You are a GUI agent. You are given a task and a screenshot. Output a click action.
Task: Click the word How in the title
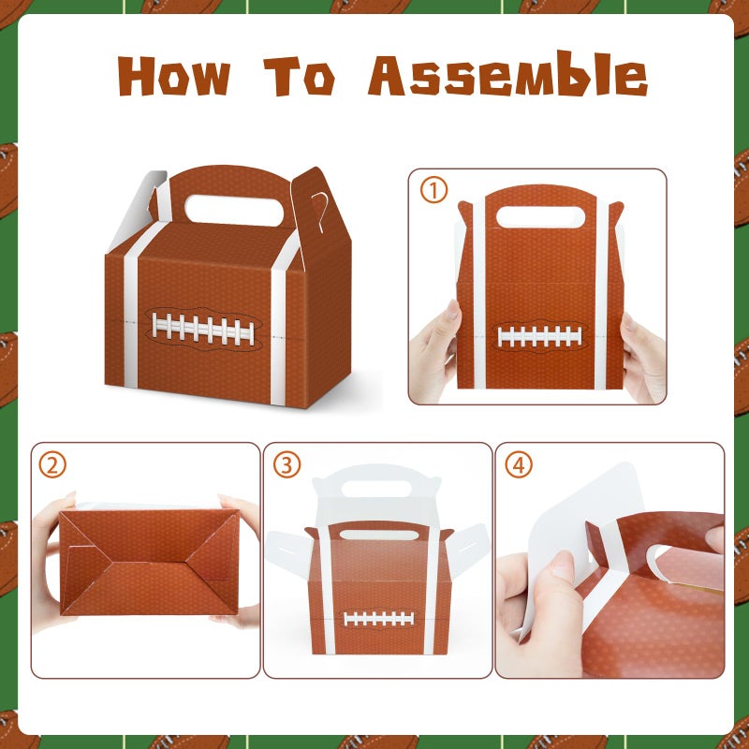click(174, 76)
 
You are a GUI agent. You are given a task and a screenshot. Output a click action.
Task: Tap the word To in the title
click(300, 76)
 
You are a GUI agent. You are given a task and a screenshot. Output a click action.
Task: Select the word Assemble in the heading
click(507, 74)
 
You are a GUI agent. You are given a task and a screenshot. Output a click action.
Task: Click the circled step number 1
click(433, 190)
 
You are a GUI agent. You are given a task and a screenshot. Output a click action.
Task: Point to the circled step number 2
click(52, 464)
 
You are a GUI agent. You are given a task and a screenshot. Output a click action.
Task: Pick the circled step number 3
click(286, 464)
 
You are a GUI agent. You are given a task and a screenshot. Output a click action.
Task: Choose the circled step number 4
click(519, 464)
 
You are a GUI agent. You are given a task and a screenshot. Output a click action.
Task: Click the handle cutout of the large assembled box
click(234, 210)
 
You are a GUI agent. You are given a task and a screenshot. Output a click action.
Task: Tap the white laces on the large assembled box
click(203, 330)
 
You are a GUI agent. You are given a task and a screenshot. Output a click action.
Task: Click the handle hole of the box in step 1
click(540, 217)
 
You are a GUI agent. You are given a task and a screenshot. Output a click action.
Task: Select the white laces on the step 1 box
click(540, 336)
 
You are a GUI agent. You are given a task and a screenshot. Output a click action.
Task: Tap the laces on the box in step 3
click(379, 619)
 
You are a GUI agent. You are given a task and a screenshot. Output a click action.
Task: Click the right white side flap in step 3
click(469, 549)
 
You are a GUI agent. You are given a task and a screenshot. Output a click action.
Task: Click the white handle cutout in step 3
click(376, 489)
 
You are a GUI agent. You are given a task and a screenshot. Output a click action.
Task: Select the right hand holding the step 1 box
click(643, 356)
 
